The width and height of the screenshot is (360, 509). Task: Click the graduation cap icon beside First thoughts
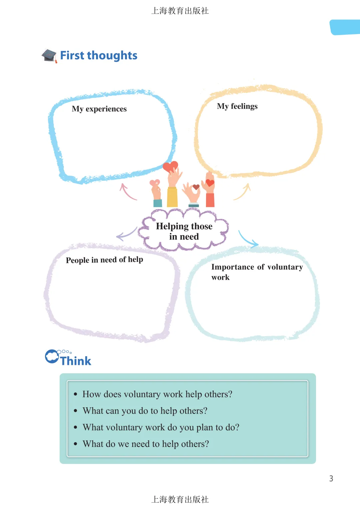click(x=49, y=55)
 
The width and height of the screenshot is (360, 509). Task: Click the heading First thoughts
click(x=99, y=55)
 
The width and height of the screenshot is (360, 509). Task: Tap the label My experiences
click(x=99, y=109)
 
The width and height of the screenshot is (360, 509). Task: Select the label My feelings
click(x=237, y=106)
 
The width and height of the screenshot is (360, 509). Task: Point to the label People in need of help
click(x=104, y=260)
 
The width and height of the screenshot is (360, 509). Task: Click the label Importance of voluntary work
click(x=257, y=272)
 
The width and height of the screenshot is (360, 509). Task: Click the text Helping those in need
click(x=184, y=231)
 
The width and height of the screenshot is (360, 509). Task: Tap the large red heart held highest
click(x=170, y=166)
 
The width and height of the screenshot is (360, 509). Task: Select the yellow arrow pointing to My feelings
click(x=243, y=192)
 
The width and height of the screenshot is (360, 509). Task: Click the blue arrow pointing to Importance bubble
click(x=248, y=239)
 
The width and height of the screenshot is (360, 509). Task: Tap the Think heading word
click(x=76, y=361)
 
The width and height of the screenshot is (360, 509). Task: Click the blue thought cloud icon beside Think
click(x=52, y=356)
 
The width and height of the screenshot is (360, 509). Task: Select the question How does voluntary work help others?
click(x=157, y=394)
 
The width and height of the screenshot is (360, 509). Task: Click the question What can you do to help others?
click(x=145, y=411)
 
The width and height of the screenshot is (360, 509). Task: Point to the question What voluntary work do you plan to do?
click(x=161, y=428)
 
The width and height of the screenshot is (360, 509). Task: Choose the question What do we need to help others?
click(x=146, y=444)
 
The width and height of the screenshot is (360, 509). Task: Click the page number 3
click(x=331, y=479)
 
